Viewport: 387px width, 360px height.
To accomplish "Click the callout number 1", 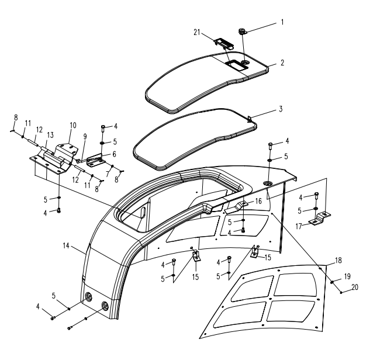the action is coord(282,22).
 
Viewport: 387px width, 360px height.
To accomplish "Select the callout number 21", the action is coord(196,32).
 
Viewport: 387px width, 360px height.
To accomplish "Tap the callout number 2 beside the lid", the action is coord(282,63).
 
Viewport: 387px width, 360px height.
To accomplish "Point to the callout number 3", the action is coord(281,109).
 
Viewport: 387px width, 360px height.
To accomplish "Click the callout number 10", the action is coord(73,125).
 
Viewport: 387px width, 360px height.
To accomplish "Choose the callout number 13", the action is coord(50,135).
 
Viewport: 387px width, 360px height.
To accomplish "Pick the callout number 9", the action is coord(85,137).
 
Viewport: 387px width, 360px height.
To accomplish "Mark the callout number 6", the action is coord(114,154).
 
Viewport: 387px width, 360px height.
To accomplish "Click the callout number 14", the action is coord(66,246).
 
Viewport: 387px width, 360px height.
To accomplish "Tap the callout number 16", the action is coord(258,201).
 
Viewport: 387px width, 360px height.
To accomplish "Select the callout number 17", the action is coord(299,226).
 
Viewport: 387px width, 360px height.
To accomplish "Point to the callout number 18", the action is coord(338,260).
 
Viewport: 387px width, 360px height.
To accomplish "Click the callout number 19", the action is coord(347,276).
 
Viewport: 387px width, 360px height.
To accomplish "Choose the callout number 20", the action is coord(355,287).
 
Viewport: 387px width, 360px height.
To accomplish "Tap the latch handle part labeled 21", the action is coord(224,44).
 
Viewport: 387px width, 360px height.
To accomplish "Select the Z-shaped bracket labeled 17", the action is coord(320,219).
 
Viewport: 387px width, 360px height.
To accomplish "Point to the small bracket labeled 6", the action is coord(95,160).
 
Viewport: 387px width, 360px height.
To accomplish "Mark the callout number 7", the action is coord(108,174).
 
